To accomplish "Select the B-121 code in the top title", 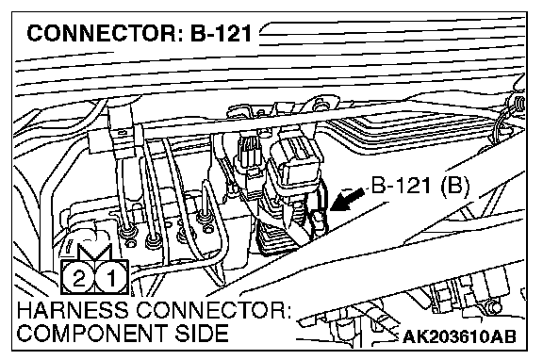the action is click(222, 34).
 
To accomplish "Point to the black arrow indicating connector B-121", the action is click(347, 200).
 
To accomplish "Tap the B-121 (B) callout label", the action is click(420, 186).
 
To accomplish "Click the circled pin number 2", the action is click(78, 278).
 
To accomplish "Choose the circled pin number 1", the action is click(111, 278).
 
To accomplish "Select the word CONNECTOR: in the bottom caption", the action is click(213, 310).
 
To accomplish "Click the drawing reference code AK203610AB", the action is click(459, 336).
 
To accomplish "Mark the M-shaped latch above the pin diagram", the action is click(94, 252).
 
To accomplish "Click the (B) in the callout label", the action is click(455, 186).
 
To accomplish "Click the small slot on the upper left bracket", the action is click(122, 132).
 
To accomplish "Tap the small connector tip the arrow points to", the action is click(320, 221).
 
